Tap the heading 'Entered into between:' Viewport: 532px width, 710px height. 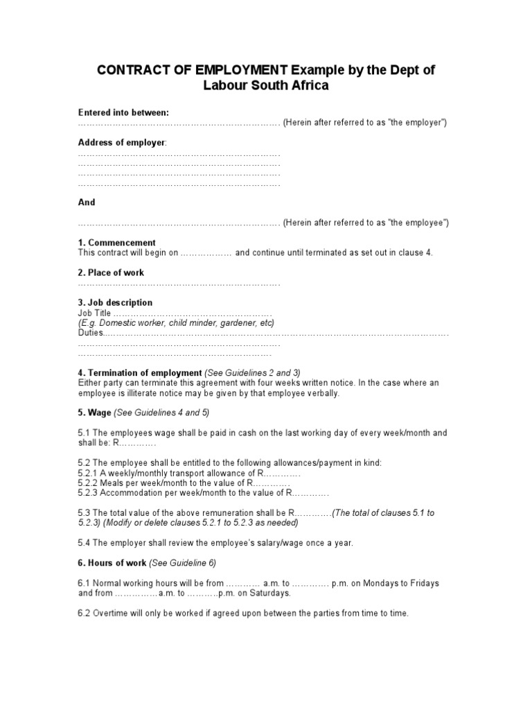click(x=123, y=112)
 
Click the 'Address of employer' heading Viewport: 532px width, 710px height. click(x=121, y=142)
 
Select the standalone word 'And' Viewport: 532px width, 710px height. click(x=87, y=202)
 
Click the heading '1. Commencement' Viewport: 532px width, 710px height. click(x=116, y=242)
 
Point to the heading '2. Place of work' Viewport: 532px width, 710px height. click(x=111, y=272)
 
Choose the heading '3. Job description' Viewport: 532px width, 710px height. click(x=115, y=303)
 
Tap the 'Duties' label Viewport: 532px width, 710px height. click(x=90, y=333)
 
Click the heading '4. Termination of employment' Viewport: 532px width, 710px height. click(x=140, y=372)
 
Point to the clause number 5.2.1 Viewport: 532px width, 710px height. click(x=88, y=473)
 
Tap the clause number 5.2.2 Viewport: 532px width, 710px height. click(x=88, y=483)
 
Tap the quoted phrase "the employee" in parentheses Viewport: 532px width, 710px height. click(x=417, y=223)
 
